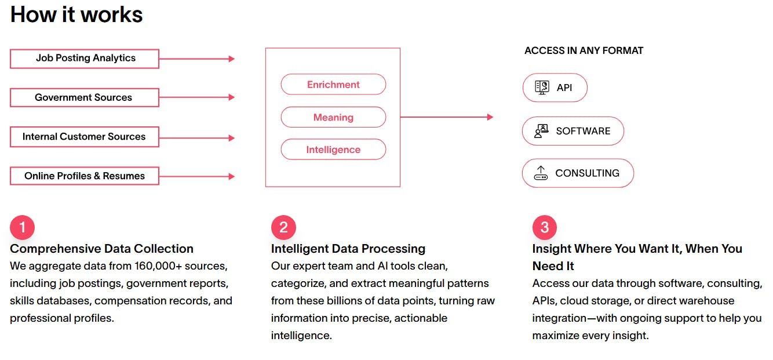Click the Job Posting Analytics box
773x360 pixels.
[85, 59]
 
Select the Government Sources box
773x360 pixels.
[85, 97]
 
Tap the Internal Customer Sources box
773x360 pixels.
[85, 137]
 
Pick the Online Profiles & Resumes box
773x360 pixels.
[85, 176]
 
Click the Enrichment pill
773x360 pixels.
[333, 85]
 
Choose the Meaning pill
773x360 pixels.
[333, 117]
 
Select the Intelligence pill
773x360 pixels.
[333, 150]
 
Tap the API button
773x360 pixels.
[555, 88]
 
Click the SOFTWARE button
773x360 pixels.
[573, 131]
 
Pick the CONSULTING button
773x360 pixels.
[578, 173]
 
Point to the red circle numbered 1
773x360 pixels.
[22, 228]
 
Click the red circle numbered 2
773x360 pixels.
[283, 228]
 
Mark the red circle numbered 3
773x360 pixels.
[545, 228]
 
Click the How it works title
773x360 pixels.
[76, 14]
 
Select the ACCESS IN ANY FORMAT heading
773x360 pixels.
[584, 50]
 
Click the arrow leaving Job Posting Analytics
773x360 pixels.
[197, 59]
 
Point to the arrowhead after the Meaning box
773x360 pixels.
[490, 117]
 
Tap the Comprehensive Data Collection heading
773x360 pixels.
[101, 249]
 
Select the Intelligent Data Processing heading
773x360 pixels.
[348, 249]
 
